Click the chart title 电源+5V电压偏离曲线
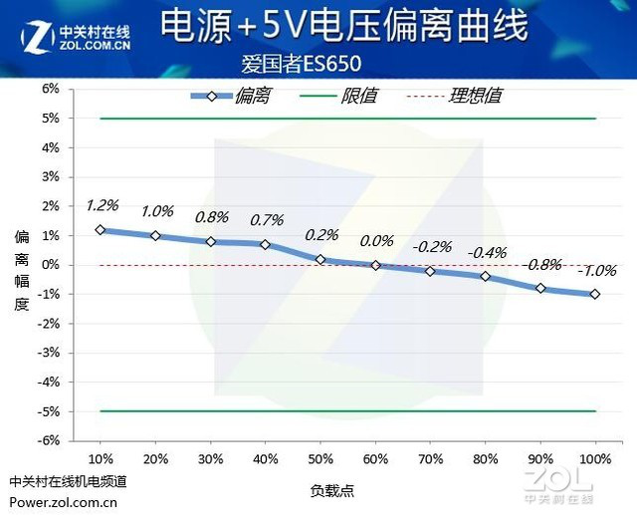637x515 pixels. (342, 28)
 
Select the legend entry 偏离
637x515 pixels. (252, 96)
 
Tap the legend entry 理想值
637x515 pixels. (475, 96)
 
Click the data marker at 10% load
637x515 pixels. (101, 229)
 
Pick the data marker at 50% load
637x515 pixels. (320, 259)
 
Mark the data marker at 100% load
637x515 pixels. (595, 294)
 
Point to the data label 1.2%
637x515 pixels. (103, 205)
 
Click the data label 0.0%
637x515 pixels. (376, 240)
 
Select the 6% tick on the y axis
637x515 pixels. (50, 89)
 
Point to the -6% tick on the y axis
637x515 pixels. (48, 439)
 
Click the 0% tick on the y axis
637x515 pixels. (50, 264)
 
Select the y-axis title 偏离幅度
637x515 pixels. (22, 270)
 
